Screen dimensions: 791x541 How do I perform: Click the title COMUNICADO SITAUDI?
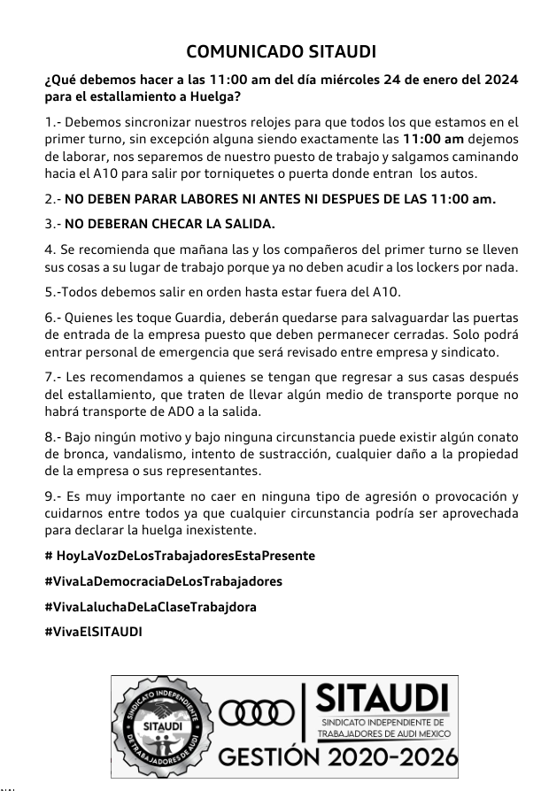[x=275, y=51]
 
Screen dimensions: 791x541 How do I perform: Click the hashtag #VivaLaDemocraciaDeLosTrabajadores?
[x=163, y=581]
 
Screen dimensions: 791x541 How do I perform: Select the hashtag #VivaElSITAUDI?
[x=93, y=632]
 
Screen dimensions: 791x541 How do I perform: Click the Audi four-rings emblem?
[x=258, y=713]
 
